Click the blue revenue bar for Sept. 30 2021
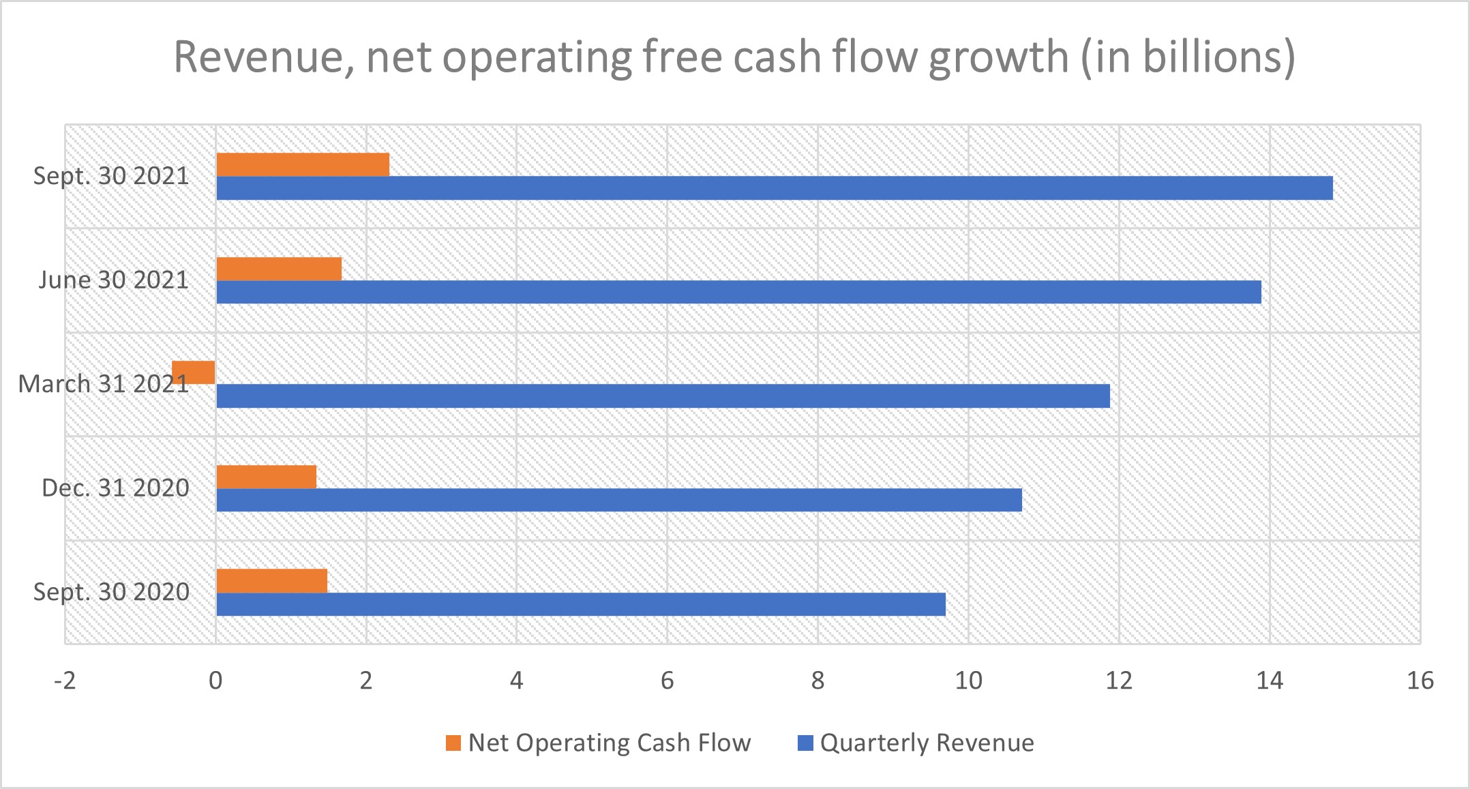(774, 188)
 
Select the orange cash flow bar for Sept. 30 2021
(303, 165)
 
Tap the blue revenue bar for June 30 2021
(738, 292)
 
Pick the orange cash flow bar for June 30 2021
(279, 269)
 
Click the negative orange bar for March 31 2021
(194, 372)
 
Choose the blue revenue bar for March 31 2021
(663, 396)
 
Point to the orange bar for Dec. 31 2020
(267, 477)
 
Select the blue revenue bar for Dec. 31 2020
(619, 500)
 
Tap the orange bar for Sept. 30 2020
(272, 581)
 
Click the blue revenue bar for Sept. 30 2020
(581, 604)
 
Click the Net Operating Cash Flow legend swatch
(453, 743)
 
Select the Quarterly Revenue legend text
(927, 743)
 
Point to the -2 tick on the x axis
(65, 681)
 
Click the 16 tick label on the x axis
(1420, 681)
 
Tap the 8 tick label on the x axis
(817, 681)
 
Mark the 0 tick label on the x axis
(215, 681)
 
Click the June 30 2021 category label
(113, 280)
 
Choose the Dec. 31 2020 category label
(115, 488)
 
